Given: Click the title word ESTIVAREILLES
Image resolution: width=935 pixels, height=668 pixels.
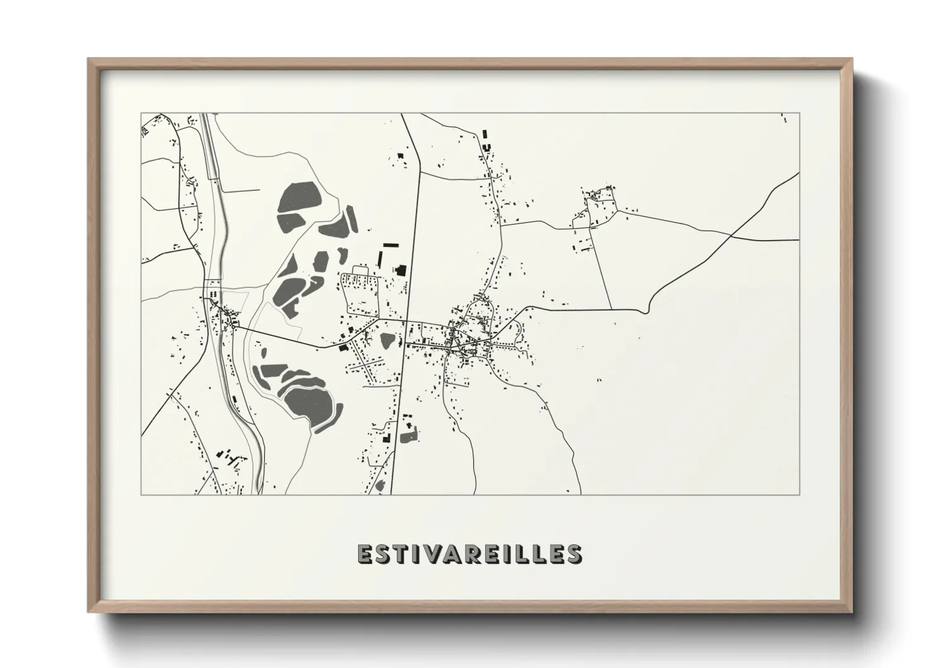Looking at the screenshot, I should [x=469, y=553].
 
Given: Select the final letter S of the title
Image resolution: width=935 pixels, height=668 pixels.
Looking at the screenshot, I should [x=574, y=553].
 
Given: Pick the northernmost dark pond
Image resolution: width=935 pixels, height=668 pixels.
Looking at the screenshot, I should [x=298, y=198].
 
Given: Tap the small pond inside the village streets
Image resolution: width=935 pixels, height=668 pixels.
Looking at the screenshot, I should [x=387, y=342].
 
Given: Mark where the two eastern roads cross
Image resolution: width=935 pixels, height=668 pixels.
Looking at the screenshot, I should [x=731, y=236].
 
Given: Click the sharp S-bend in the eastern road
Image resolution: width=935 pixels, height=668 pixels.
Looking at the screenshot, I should [x=644, y=310].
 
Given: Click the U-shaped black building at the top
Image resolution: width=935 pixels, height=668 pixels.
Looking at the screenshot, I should [x=486, y=146].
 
